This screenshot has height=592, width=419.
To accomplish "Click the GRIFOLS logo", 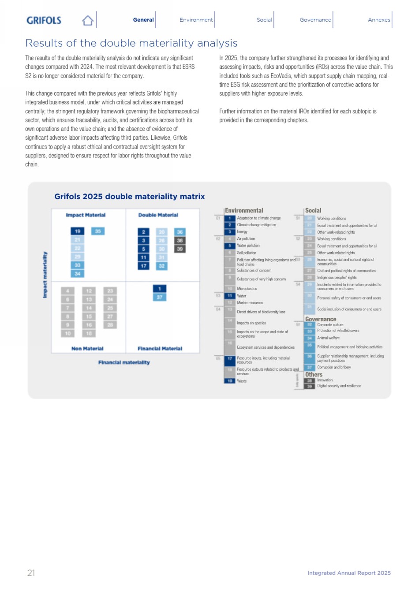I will [x=44, y=20].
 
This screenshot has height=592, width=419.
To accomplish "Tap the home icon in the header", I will [x=88, y=20].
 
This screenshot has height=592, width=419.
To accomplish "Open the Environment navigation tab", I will [x=196, y=20].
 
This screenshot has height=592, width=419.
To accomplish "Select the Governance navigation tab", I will [x=315, y=20].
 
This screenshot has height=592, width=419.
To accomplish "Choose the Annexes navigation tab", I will [x=379, y=20].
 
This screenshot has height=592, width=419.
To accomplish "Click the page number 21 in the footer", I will [x=31, y=573].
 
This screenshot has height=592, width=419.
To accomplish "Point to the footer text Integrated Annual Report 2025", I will [x=349, y=573].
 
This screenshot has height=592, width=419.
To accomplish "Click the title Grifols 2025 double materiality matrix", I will [x=129, y=197].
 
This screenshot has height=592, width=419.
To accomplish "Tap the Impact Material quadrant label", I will [x=86, y=215].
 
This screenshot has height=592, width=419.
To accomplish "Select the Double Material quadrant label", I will [x=158, y=215].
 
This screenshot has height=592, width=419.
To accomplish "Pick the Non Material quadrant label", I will [x=87, y=349].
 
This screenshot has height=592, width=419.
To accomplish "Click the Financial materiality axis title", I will [x=124, y=362].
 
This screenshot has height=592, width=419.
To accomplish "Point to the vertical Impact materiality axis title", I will [x=45, y=275].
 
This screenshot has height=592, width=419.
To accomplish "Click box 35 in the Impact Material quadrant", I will [x=98, y=231].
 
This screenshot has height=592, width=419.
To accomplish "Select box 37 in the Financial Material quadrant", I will [x=160, y=297].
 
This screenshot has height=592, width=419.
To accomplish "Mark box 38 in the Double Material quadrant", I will [x=180, y=240].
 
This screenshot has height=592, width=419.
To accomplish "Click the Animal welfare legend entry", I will [x=328, y=338].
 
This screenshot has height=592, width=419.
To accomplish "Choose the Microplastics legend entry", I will [x=247, y=289].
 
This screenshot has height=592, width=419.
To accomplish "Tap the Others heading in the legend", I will [x=314, y=374].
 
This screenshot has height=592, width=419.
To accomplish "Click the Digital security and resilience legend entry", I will [x=339, y=386].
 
